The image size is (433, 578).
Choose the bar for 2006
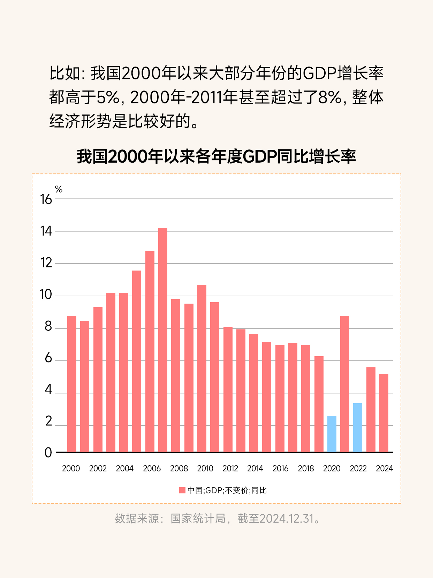point(150,351)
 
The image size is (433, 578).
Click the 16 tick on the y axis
point(46,200)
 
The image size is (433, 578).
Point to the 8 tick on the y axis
point(48,327)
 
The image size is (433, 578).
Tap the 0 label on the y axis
point(48,453)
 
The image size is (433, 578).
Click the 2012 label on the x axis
point(230,468)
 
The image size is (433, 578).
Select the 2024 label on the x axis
point(384,468)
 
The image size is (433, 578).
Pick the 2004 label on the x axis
point(125,468)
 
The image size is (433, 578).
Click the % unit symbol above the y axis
point(59,189)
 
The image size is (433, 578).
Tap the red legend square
point(182,490)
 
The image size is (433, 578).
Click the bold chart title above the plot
point(216,156)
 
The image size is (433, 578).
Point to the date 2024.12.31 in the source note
point(287,518)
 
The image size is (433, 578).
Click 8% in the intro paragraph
point(330,97)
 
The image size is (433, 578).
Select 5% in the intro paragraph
point(108,97)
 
